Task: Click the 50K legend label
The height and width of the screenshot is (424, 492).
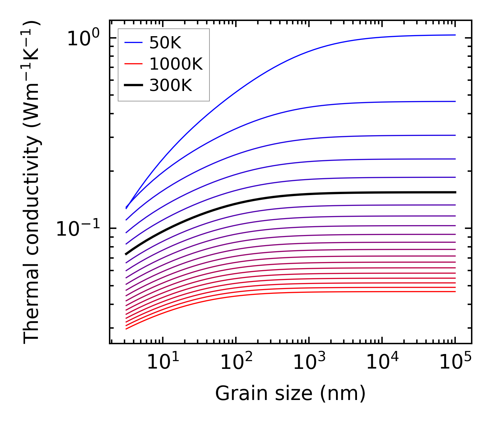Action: pos(165,43)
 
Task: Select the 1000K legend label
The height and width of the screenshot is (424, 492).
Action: pos(176,64)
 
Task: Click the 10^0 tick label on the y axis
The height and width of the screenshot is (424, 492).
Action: pos(83,38)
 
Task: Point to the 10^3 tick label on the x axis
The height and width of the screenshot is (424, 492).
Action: pos(309,362)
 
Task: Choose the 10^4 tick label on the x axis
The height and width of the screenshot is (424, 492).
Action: pos(382,362)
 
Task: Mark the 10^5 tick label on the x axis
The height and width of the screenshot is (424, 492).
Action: pos(455,362)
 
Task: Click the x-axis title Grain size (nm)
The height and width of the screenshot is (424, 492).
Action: pos(290,394)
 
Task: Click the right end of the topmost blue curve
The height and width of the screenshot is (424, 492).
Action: pos(455,35)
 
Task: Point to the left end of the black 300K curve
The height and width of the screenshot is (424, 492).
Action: pos(126,254)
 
